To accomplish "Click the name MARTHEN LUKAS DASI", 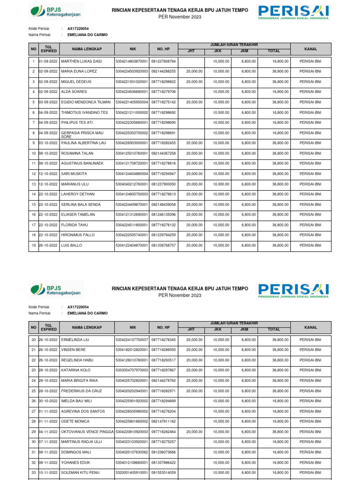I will coord(81,61).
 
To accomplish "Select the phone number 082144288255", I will coord(164,71).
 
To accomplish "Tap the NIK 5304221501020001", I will coord(132,82).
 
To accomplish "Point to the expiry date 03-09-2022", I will coord(48,102).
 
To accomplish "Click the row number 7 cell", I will coord(34,123).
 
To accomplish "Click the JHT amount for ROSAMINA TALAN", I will coord(194,153).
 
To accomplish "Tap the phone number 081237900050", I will coord(164,184).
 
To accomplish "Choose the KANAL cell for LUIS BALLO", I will coord(310,245).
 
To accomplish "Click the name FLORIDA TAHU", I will coord(75,225).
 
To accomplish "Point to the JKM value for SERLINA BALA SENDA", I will coord(248,204).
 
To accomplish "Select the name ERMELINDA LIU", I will coord(75,340).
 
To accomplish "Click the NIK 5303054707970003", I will coord(132,370).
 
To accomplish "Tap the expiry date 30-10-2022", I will coord(48,401).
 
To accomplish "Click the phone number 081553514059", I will coord(164,472).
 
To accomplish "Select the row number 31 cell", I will coord(34,452).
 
